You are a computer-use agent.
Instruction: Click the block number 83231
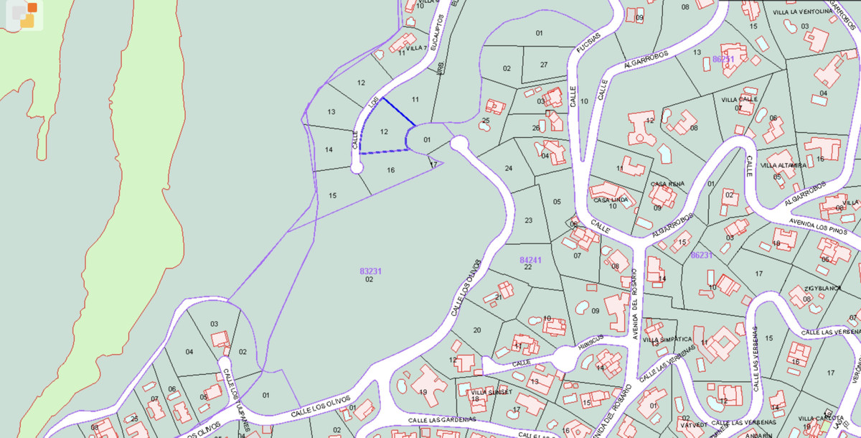pyautogui.click(x=370, y=271)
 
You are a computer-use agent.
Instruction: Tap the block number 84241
pyautogui.click(x=530, y=259)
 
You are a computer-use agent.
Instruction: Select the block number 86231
pyautogui.click(x=701, y=255)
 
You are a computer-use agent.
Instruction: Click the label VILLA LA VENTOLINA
pyautogui.click(x=801, y=12)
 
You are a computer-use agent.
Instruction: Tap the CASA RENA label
pyautogui.click(x=667, y=184)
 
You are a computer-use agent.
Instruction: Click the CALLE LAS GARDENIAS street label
pyautogui.click(x=442, y=419)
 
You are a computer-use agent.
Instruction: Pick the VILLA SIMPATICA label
pyautogui.click(x=667, y=339)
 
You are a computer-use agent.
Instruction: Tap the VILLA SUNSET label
pyautogui.click(x=491, y=392)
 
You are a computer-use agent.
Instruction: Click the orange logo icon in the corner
pyautogui.click(x=26, y=14)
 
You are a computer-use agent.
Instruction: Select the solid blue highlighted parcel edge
pyautogui.click(x=398, y=111)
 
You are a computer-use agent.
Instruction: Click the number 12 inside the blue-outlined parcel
pyautogui.click(x=385, y=131)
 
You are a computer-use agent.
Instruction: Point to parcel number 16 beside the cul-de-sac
pyautogui.click(x=390, y=170)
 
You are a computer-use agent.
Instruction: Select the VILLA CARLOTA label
pyautogui.click(x=820, y=418)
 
